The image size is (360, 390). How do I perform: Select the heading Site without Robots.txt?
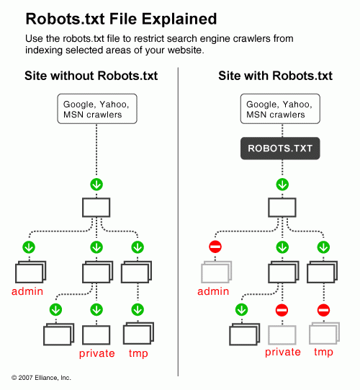pyautogui.click(x=91, y=75)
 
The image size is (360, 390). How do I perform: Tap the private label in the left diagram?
pyautogui.click(x=97, y=353)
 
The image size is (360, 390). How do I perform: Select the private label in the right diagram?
pyautogui.click(x=283, y=352)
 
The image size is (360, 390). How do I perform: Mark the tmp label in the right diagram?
pyautogui.click(x=323, y=352)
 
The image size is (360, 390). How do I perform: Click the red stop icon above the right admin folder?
pyautogui.click(x=215, y=247)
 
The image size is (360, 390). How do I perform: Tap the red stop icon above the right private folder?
pyautogui.click(x=282, y=310)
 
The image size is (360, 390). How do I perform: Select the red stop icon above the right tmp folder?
pyautogui.click(x=323, y=310)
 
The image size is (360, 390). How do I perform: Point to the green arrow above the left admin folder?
pyautogui.click(x=30, y=247)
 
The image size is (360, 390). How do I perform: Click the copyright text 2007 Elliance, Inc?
pyautogui.click(x=41, y=377)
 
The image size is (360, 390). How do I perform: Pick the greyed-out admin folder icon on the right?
pyautogui.click(x=215, y=272)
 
